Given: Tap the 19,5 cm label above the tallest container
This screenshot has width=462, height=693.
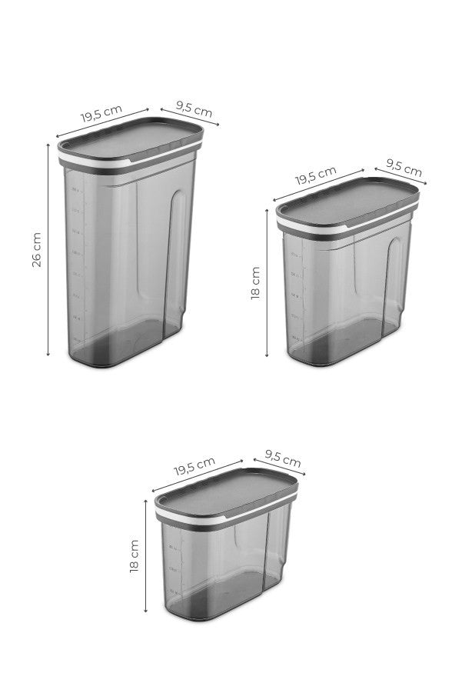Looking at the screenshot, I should [x=101, y=114].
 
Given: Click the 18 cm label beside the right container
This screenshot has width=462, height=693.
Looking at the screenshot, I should [x=255, y=284].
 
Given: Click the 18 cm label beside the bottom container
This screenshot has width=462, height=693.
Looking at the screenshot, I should [x=135, y=555].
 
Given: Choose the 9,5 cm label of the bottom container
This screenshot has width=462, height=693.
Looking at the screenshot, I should [x=282, y=460].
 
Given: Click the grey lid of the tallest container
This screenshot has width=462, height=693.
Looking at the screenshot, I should [x=131, y=135].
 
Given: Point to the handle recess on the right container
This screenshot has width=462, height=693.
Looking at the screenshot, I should [x=395, y=285].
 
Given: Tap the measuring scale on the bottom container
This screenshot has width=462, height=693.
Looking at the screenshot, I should [x=174, y=569].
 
